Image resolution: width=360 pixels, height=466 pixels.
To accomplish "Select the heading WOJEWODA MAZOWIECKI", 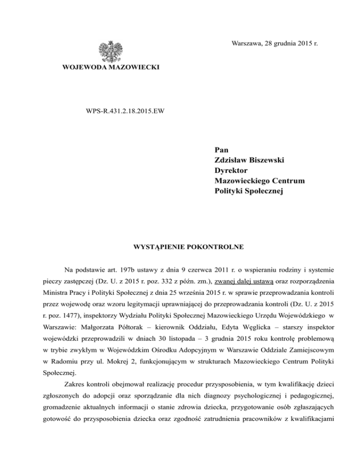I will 111,68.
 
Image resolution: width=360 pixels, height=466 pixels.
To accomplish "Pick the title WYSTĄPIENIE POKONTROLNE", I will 180,245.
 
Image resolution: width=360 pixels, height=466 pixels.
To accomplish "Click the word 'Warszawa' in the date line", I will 247,44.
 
